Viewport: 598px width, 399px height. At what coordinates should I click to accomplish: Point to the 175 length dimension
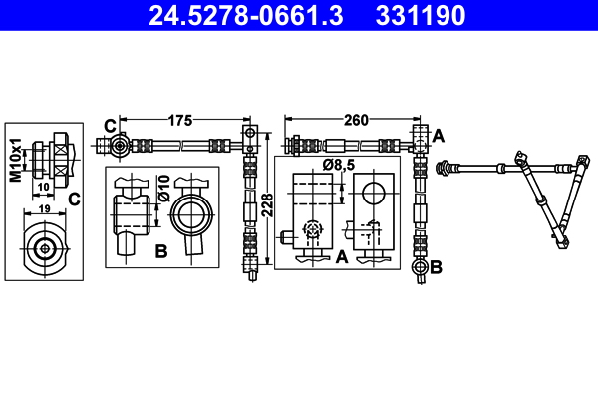179,121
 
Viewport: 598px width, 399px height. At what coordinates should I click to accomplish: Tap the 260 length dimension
355,121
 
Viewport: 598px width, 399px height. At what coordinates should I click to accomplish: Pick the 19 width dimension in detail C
44,210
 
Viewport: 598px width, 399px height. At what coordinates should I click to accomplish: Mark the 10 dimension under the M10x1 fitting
44,186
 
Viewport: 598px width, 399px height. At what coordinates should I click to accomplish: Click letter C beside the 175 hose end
109,125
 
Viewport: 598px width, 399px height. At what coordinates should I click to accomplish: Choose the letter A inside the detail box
341,256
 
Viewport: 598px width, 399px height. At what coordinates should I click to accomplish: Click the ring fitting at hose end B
418,267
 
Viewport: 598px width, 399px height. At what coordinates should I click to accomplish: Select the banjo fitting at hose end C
121,147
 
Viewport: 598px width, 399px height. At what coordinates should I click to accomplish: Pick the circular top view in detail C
44,248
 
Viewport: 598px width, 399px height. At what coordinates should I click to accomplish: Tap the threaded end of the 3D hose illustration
444,170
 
